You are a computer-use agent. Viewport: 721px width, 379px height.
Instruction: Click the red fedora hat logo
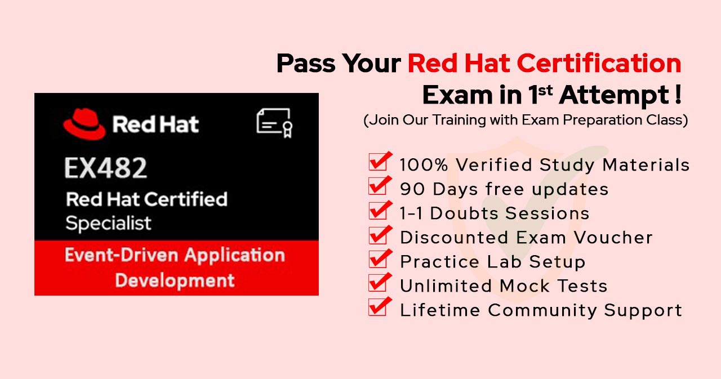tap(84, 124)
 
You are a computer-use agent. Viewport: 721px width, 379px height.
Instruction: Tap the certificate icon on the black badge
tap(274, 122)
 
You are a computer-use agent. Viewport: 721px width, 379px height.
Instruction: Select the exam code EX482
tap(106, 167)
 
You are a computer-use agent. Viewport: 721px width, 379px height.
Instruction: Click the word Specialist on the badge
tap(108, 224)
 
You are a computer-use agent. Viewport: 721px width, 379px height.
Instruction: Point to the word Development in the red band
tap(175, 280)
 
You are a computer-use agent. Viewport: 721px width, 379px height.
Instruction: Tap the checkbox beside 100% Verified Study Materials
tap(378, 163)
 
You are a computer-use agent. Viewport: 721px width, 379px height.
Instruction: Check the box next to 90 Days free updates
tap(378, 187)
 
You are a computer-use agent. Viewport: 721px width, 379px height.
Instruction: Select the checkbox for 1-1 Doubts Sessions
tap(378, 211)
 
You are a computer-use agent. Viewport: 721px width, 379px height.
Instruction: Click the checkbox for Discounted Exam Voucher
tap(378, 235)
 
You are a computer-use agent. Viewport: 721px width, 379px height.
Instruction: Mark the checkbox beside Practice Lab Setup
tap(378, 260)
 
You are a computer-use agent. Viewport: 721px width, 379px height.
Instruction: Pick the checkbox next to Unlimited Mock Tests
tap(378, 284)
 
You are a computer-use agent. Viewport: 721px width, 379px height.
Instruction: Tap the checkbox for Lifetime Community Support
tap(378, 308)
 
